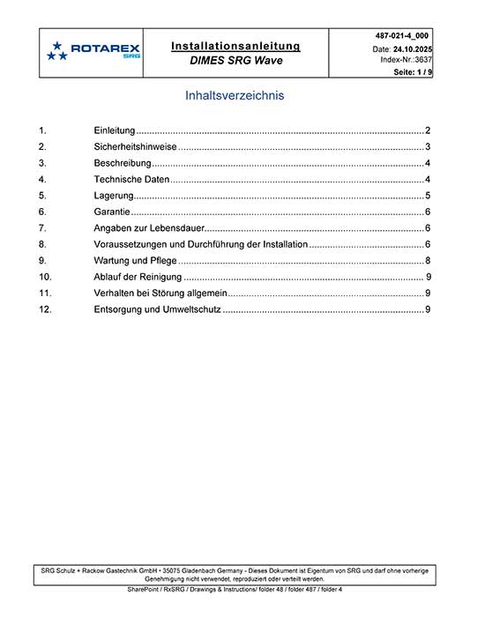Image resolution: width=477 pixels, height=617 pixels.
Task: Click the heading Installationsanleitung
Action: tap(235, 45)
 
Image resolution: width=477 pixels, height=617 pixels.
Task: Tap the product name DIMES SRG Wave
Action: tap(235, 62)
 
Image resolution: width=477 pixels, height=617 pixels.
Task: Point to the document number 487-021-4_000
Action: tap(402, 35)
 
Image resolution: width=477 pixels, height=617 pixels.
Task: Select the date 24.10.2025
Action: tap(412, 48)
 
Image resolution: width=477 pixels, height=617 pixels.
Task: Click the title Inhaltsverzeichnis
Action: tap(235, 95)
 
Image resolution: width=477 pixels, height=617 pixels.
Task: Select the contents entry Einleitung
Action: tap(114, 130)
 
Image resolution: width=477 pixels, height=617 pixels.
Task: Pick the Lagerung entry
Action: tap(114, 196)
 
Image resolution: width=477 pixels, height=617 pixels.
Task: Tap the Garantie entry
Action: tap(112, 212)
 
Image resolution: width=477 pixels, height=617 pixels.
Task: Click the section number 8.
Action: tap(42, 244)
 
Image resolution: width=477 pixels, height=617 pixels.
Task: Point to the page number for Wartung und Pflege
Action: tap(428, 261)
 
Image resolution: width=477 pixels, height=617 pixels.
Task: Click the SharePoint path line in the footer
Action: tap(235, 588)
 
